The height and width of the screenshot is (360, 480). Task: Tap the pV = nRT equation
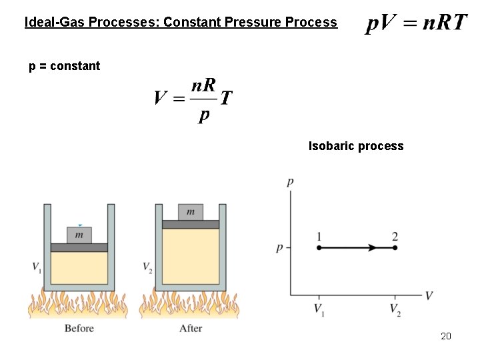tap(416, 24)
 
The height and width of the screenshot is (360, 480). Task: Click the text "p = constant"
tap(64, 66)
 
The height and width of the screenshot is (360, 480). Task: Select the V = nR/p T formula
tap(193, 99)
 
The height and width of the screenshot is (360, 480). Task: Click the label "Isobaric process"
tap(356, 146)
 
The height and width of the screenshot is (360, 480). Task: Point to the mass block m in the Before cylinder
tap(79, 235)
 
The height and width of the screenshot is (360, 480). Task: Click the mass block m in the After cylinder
tap(191, 212)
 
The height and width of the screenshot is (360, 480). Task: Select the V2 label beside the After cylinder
tap(147, 267)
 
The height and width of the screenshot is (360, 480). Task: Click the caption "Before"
tap(79, 328)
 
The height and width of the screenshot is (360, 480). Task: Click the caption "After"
tap(191, 328)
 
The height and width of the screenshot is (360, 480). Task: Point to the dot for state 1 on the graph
tap(319, 247)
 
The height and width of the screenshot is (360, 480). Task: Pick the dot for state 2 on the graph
tap(395, 247)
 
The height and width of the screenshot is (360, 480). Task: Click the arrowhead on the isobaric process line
tap(373, 247)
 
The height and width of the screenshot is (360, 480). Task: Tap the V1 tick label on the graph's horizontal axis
tap(319, 311)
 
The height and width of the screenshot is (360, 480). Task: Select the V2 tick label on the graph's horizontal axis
tap(395, 311)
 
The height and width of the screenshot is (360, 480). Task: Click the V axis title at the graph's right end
tap(429, 295)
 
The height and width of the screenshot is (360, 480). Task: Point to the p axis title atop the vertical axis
tap(290, 182)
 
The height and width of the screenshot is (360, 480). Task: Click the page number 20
tap(446, 336)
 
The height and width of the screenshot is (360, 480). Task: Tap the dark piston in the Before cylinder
tap(79, 247)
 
